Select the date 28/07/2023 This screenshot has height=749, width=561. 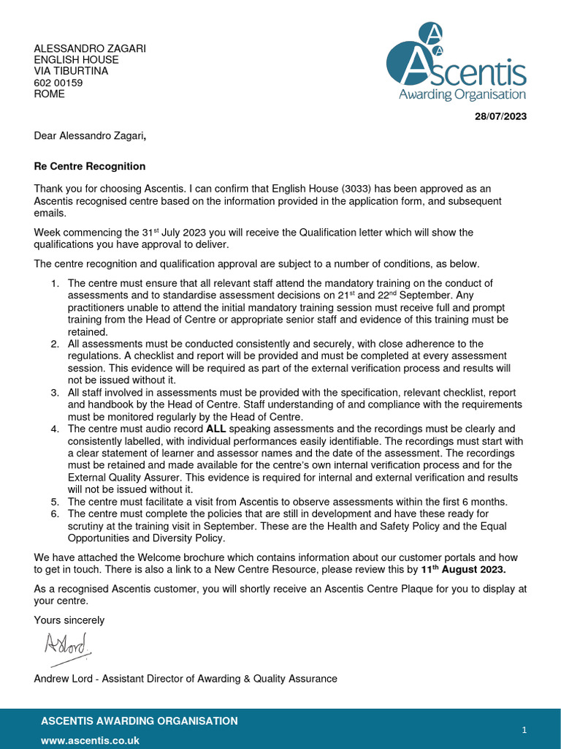(x=500, y=116)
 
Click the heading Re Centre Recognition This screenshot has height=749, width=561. (x=90, y=166)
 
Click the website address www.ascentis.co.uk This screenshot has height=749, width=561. (x=90, y=740)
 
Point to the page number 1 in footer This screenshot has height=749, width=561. (x=524, y=730)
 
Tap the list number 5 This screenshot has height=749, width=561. (x=55, y=502)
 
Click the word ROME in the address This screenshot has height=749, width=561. (x=49, y=94)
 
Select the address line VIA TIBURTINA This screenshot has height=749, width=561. (x=71, y=71)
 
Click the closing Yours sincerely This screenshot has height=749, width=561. (x=69, y=620)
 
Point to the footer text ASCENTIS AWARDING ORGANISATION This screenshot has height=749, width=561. (x=139, y=720)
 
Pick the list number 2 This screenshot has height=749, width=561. (x=55, y=344)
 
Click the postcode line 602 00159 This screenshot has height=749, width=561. (x=58, y=83)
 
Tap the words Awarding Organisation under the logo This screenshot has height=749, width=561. (x=462, y=94)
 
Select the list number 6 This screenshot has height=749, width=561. (x=55, y=514)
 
